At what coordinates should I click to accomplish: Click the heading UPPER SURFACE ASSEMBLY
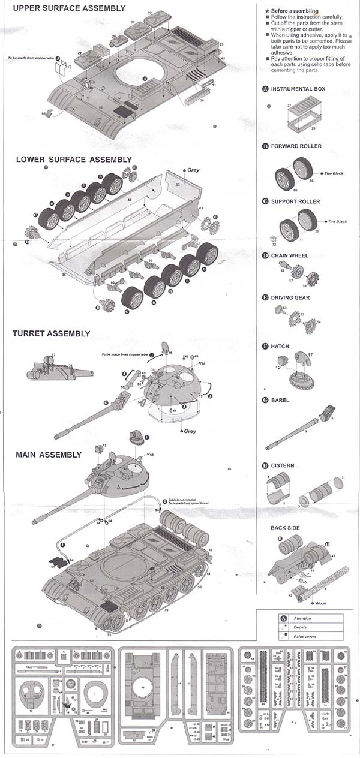pos(69,8)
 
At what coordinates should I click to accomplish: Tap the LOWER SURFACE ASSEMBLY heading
pos(74,160)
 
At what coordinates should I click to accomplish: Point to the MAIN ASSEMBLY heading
pos(49,455)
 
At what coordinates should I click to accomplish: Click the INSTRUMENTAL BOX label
pos(298,89)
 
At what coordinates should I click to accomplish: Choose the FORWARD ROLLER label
pos(296,146)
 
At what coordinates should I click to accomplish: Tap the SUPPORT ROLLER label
pos(295,201)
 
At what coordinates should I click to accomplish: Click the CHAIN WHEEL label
pos(290,255)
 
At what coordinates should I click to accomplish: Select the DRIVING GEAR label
pos(290,297)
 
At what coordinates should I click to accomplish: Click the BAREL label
pos(280,399)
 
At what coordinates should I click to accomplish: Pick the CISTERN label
pos(283,465)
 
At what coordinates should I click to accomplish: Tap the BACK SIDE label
pos(285,528)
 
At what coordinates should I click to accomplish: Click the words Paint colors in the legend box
pos(305,636)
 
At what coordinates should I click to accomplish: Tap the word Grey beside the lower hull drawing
pos(193,170)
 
